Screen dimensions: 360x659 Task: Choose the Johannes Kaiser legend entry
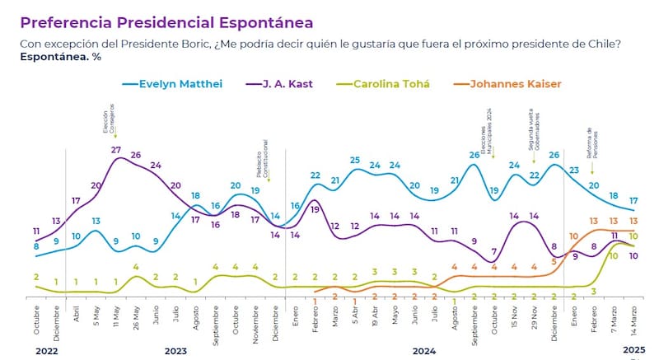pyautogui.click(x=516, y=83)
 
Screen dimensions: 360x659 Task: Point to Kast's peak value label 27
pyautogui.click(x=115, y=149)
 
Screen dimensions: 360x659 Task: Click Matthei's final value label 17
pyautogui.click(x=633, y=200)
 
